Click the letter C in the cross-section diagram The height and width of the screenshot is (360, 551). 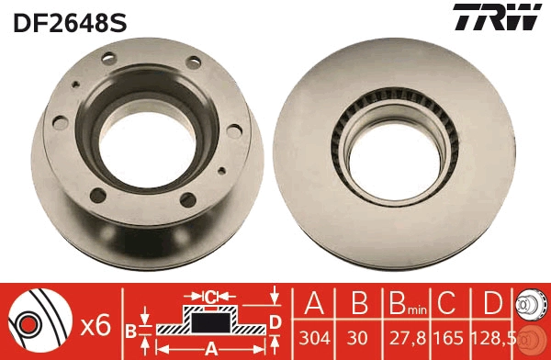pyautogui.click(x=210, y=297)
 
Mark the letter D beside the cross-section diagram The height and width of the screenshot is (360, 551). pyautogui.click(x=275, y=321)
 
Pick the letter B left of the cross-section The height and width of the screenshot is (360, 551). pyautogui.click(x=130, y=330)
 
